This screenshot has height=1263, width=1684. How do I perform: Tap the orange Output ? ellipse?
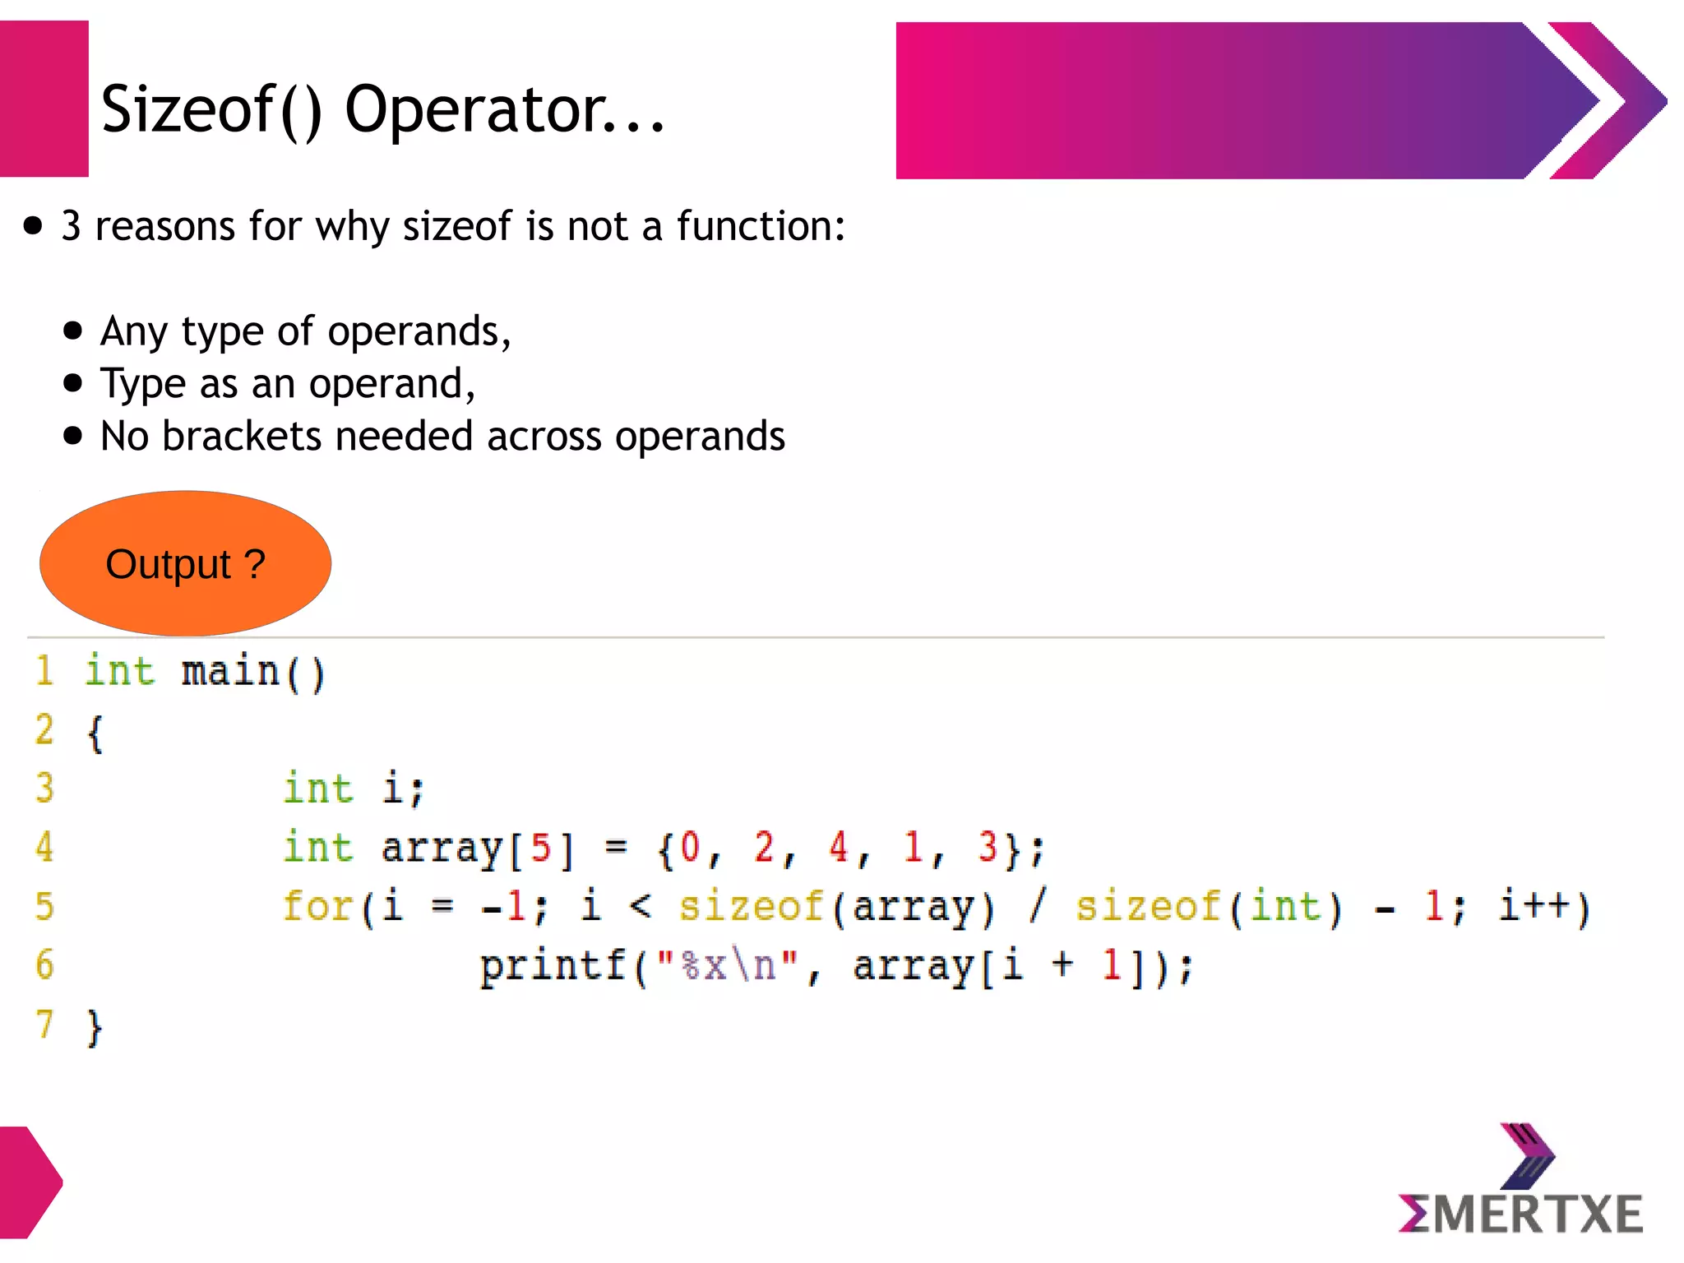click(x=185, y=564)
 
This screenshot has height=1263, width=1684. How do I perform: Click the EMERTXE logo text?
click(x=1520, y=1214)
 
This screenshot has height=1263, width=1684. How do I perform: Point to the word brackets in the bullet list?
click(x=242, y=436)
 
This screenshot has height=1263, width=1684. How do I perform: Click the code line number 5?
click(x=44, y=906)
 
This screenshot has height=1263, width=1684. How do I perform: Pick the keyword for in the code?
click(x=317, y=906)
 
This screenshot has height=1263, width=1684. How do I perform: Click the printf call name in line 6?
click(x=553, y=965)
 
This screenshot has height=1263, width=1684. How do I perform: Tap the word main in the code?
click(x=230, y=672)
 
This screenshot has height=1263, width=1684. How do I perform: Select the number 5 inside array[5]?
click(x=540, y=847)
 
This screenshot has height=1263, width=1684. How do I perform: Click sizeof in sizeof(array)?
click(x=751, y=906)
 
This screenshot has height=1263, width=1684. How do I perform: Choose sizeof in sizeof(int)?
click(x=1148, y=906)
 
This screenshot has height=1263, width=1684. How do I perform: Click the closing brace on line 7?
click(x=95, y=1028)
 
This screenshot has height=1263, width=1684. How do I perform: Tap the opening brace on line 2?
click(x=95, y=733)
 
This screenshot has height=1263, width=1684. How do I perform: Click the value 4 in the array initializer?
click(x=838, y=847)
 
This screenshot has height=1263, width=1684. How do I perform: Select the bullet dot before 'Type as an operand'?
click(x=73, y=383)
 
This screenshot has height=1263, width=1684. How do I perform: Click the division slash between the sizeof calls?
click(x=1038, y=906)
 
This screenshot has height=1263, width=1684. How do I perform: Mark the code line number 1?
click(x=44, y=672)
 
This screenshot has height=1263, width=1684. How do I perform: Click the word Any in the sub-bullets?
click(x=133, y=331)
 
